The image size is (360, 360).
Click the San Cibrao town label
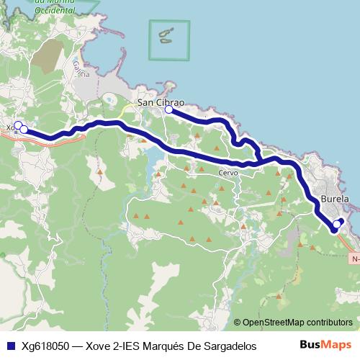pyautogui.click(x=161, y=102)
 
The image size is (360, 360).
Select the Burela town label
pyautogui.click(x=335, y=199)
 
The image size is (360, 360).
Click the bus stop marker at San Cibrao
pyautogui.click(x=168, y=109)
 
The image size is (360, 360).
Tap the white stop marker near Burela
pyautogui.click(x=336, y=224)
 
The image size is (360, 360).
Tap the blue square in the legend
pyautogui.click(x=10, y=346)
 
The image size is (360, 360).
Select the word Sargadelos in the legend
pyautogui.click(x=227, y=346)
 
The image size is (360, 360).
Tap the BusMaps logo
pyautogui.click(x=325, y=345)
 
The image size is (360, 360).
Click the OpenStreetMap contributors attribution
pyautogui.click(x=297, y=323)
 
